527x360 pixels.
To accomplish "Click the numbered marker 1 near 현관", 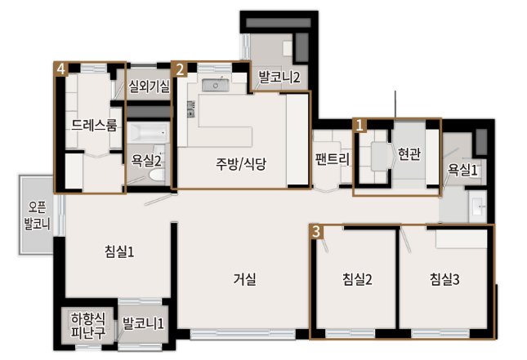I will [x=360, y=125].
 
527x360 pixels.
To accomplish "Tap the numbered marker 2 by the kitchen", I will [x=180, y=69].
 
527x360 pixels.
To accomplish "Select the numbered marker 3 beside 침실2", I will [x=317, y=231].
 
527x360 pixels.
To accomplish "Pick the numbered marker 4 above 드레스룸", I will [x=60, y=69].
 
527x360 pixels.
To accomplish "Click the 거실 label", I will [x=245, y=279].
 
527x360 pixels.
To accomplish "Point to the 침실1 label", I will [x=119, y=251].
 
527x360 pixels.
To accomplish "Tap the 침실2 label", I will [x=358, y=280].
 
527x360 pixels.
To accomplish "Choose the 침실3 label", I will [x=445, y=280].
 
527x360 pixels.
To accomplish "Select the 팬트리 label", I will [x=332, y=161].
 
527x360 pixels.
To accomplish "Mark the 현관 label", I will [x=409, y=153].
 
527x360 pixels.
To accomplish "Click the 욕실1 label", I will [x=462, y=169].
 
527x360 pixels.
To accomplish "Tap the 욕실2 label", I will [x=147, y=161].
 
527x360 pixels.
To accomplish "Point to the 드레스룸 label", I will [x=95, y=126].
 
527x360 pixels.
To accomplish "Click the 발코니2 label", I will [x=279, y=78].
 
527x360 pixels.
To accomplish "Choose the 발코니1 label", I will [x=143, y=325].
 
